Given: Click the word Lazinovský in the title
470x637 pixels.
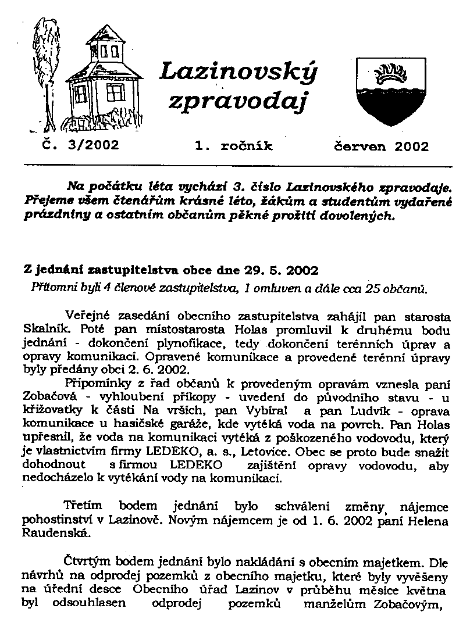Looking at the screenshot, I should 238,72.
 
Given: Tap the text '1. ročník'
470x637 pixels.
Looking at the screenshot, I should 234,146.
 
